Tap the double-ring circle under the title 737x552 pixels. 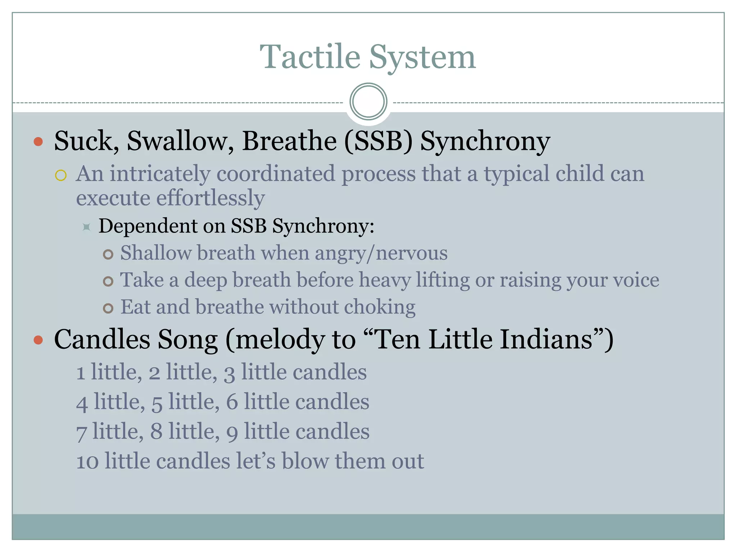(x=368, y=101)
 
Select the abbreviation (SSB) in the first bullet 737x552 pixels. (x=378, y=141)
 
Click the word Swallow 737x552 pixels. (x=180, y=141)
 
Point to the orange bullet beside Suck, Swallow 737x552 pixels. (x=38, y=142)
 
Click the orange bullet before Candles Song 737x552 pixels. (x=38, y=340)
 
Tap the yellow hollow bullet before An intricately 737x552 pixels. (x=61, y=175)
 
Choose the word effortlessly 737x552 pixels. (x=211, y=198)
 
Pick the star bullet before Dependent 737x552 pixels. (x=86, y=227)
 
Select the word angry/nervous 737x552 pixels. (x=381, y=253)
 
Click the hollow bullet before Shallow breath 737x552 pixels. (x=108, y=254)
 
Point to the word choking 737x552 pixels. (x=380, y=307)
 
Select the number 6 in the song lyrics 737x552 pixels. (x=232, y=402)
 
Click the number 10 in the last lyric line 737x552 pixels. (x=87, y=461)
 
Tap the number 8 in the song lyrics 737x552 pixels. (x=156, y=432)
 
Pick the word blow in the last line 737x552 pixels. (x=305, y=461)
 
